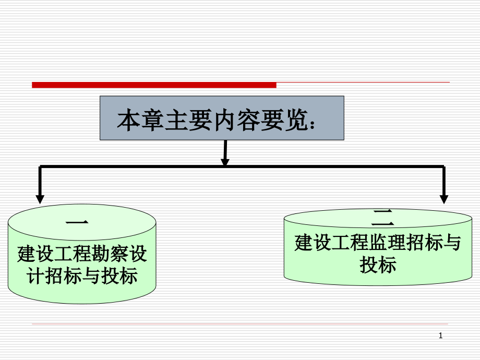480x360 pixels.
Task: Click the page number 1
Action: [x=441, y=337]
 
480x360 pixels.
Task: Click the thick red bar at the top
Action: [x=154, y=85]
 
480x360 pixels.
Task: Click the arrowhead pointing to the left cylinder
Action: [x=40, y=198]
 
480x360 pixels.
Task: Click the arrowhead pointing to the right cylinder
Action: [x=444, y=198]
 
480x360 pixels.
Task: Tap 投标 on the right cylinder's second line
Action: [x=378, y=265]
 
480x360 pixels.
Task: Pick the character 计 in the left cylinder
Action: [x=34, y=275]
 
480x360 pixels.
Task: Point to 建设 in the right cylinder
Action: [x=311, y=243]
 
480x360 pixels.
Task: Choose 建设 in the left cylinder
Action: [x=34, y=255]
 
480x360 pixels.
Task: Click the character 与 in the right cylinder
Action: [x=453, y=243]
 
